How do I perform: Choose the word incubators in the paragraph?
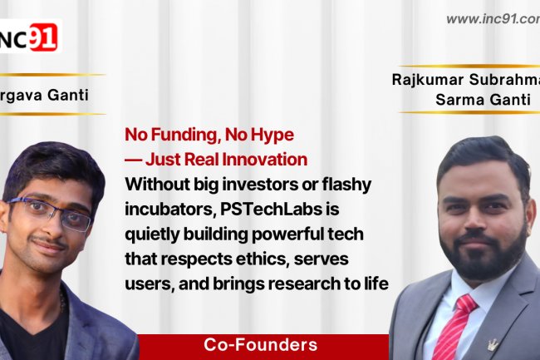pyautogui.click(x=160, y=205)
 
